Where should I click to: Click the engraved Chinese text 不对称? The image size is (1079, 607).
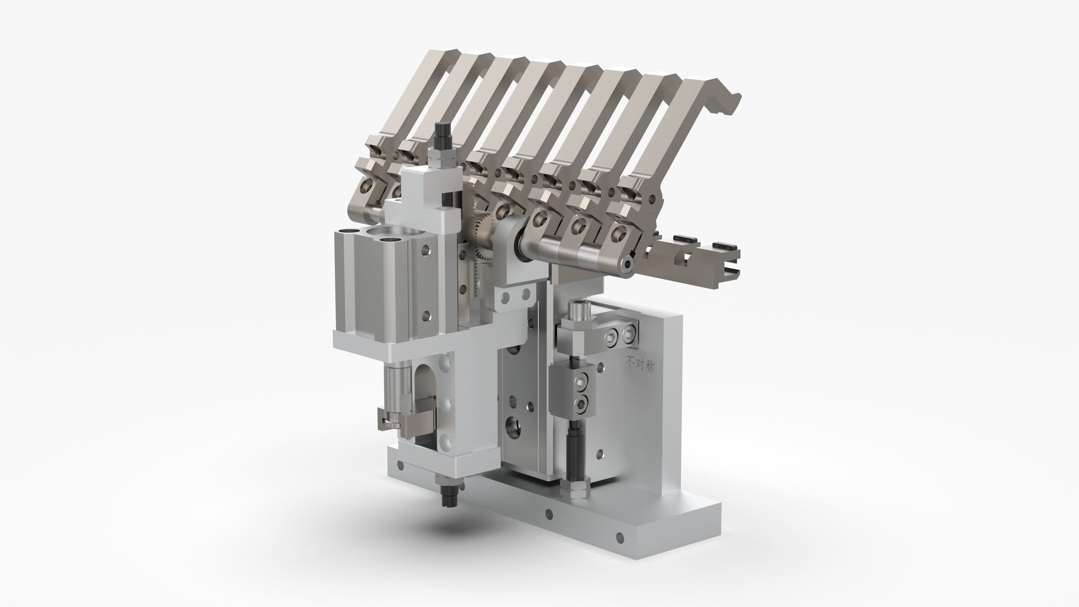pos(640,363)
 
